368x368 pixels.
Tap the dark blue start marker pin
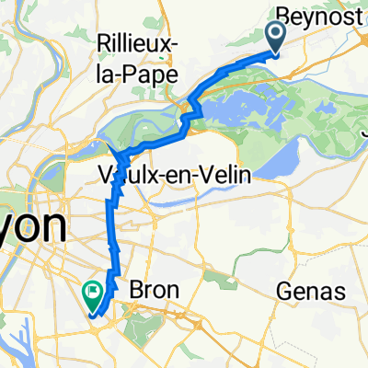276,39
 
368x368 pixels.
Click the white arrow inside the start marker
276,36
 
